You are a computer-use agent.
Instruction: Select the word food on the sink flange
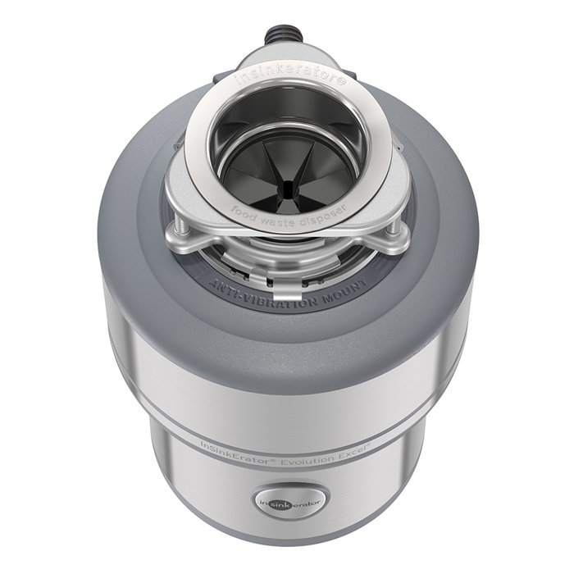point(244,207)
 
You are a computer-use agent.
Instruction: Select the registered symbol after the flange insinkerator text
point(342,83)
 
